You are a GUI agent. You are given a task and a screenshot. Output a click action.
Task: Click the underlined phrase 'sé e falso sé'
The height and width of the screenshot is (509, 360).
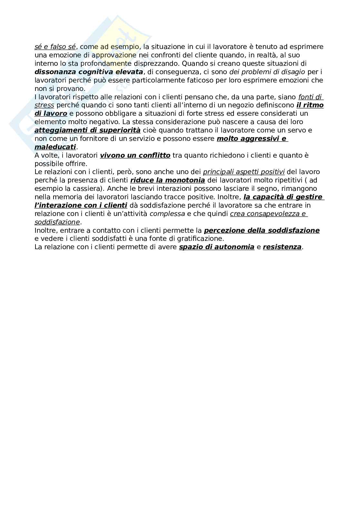(x=55, y=47)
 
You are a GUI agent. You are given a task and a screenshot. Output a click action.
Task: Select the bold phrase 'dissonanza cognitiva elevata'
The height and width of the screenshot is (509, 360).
(x=89, y=72)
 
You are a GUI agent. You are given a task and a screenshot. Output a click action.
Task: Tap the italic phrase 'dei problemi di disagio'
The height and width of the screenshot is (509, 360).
(x=267, y=72)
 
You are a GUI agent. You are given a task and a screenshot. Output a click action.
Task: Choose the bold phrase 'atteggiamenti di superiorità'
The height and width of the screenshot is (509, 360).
(x=87, y=130)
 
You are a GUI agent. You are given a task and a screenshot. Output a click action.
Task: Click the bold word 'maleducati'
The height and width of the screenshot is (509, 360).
(x=55, y=147)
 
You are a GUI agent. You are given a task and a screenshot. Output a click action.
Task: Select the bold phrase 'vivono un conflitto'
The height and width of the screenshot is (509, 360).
(x=135, y=155)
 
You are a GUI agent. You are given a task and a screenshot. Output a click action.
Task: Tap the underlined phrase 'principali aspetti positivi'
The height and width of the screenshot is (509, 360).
(x=244, y=172)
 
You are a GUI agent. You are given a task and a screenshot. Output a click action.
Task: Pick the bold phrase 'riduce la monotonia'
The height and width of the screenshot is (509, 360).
(x=168, y=180)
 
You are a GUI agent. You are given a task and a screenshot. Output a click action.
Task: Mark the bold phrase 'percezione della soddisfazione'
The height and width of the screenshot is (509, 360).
(x=262, y=230)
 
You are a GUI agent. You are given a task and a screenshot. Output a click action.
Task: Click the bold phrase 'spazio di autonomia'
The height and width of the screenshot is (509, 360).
(x=217, y=247)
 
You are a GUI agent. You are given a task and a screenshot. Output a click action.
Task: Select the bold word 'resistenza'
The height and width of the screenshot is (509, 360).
(x=282, y=247)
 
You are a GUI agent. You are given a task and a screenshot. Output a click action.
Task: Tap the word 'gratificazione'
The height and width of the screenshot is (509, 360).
(x=203, y=239)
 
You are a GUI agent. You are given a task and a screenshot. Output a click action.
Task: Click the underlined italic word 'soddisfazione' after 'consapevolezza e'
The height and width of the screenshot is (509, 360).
(x=57, y=222)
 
